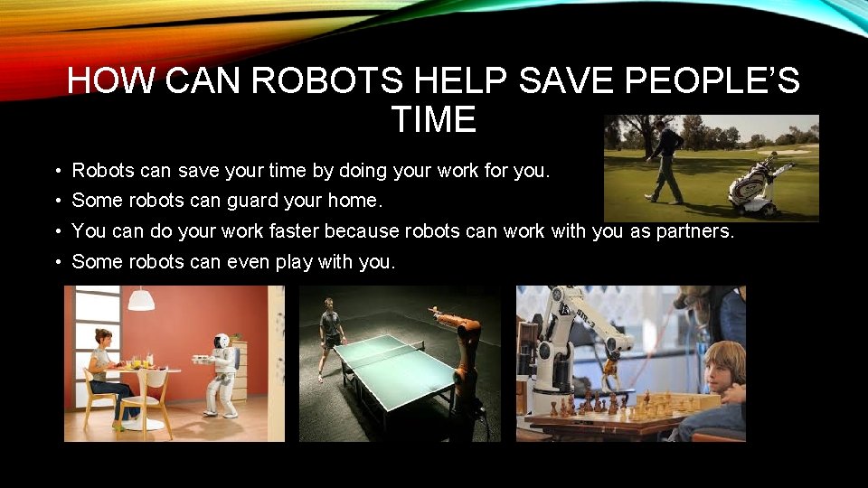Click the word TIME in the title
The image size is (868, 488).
pos(433,119)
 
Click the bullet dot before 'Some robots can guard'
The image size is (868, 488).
pos(56,201)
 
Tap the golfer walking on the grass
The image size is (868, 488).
pos(665,160)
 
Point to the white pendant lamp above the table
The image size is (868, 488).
pos(140,300)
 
